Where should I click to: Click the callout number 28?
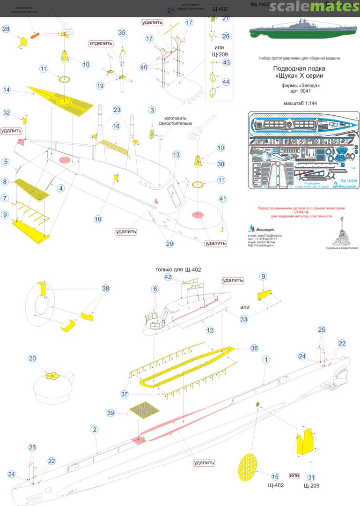(x=6, y=29)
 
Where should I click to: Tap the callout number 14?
(x=7, y=89)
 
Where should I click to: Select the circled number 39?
(x=111, y=413)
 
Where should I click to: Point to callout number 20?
(x=32, y=358)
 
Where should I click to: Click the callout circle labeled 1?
(x=266, y=359)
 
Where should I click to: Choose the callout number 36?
(x=254, y=348)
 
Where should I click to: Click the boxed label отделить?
(x=102, y=43)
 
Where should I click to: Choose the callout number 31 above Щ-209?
(x=311, y=477)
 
